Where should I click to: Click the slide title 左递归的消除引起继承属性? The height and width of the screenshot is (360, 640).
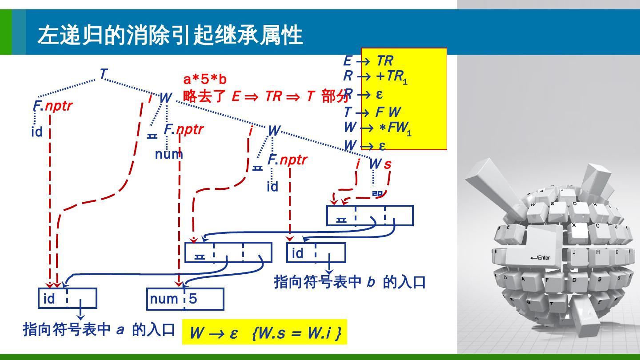(170, 35)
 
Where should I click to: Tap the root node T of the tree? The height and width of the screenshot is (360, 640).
(103, 73)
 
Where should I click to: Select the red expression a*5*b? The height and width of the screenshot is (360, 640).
(205, 80)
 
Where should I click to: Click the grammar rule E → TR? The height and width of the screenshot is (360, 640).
(368, 60)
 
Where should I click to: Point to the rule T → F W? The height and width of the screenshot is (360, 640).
(372, 112)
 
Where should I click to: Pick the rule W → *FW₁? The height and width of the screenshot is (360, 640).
(377, 128)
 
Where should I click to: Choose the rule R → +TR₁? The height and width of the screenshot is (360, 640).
(375, 76)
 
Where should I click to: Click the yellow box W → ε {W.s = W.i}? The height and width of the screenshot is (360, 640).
(264, 332)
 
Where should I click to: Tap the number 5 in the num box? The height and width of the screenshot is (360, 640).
(193, 298)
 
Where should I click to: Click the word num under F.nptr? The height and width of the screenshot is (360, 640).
(169, 154)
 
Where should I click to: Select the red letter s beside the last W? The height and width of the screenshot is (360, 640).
(388, 164)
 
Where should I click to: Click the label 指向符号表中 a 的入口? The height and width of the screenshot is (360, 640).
(99, 330)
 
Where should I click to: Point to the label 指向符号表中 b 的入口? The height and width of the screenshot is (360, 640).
(350, 282)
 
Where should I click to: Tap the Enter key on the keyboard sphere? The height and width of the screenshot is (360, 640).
(540, 257)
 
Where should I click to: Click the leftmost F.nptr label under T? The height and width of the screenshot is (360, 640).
(52, 106)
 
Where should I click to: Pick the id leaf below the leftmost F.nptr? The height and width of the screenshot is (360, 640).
(37, 132)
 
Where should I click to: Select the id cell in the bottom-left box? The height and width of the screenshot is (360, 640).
(49, 298)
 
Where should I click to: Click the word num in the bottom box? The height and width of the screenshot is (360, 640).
(164, 299)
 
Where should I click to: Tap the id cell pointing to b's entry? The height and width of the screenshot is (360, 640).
(297, 253)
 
